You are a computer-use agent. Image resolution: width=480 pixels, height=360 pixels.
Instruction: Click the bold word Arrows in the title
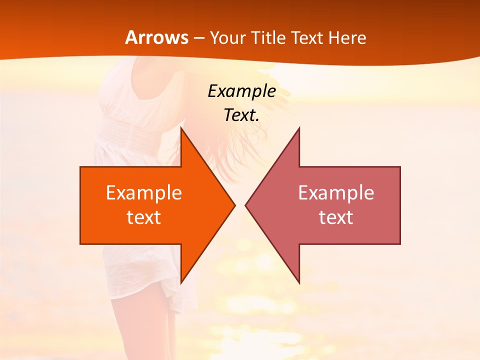157,38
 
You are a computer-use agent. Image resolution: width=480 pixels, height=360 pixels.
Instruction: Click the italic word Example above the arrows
241,91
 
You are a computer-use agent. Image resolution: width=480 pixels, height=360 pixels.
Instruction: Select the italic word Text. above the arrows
241,115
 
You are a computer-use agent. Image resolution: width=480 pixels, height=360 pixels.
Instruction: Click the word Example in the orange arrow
143,192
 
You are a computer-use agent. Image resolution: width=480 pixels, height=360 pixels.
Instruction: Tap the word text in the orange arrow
143,217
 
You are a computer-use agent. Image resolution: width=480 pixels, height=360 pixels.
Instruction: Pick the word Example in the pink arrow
336,192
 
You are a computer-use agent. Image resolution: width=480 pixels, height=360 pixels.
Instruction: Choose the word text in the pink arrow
336,217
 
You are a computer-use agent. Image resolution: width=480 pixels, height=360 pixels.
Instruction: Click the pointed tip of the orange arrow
234,205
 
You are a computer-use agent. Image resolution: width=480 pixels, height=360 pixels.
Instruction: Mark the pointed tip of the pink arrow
246,205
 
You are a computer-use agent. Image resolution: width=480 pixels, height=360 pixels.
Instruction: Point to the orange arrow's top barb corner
181,128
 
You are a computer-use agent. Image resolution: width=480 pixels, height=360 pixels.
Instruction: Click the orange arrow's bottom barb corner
181,283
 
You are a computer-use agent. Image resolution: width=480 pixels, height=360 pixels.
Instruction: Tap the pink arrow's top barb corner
299,128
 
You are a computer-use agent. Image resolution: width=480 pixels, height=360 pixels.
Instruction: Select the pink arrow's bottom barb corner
299,283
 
